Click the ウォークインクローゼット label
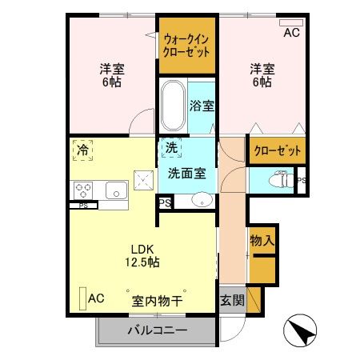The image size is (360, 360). pyautogui.click(x=187, y=45)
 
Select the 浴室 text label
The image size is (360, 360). pyautogui.click(x=202, y=105)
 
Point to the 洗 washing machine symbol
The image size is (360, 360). pyautogui.click(x=171, y=147)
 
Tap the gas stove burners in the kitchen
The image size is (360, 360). pyautogui.click(x=84, y=190)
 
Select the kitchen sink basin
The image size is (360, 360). pyautogui.click(x=116, y=191)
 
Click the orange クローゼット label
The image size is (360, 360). pyautogui.click(x=277, y=150)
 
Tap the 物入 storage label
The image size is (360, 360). pyautogui.click(x=262, y=239)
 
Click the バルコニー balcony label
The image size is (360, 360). pyautogui.click(x=157, y=330)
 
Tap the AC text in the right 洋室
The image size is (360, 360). pyautogui.click(x=292, y=33)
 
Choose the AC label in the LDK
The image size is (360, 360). pyautogui.click(x=96, y=298)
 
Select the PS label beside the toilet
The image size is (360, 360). pyautogui.click(x=301, y=181)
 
